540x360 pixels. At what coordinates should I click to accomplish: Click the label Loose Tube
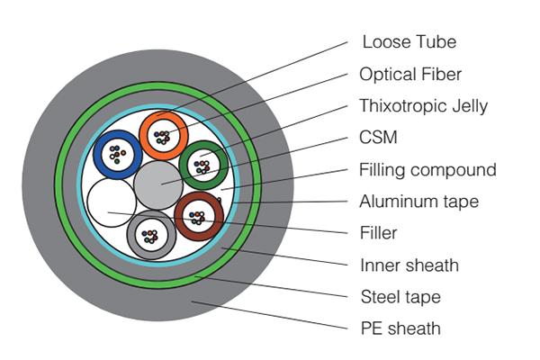tap(409, 41)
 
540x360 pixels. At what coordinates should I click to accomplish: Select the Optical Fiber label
tap(410, 74)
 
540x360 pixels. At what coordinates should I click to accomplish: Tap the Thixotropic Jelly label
tap(423, 106)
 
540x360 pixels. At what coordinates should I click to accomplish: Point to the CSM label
tap(378, 138)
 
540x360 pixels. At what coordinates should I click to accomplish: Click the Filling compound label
tap(427, 170)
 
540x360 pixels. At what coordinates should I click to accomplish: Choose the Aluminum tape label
tap(419, 201)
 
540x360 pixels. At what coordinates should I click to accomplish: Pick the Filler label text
tap(378, 233)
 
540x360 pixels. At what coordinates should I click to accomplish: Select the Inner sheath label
tap(409, 265)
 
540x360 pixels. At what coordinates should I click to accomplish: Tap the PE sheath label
tap(400, 328)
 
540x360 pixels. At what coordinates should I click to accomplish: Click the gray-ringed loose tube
tap(133, 237)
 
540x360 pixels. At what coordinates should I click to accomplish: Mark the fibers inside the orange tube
tap(162, 137)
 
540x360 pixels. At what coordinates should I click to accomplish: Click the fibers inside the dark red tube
tap(196, 216)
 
